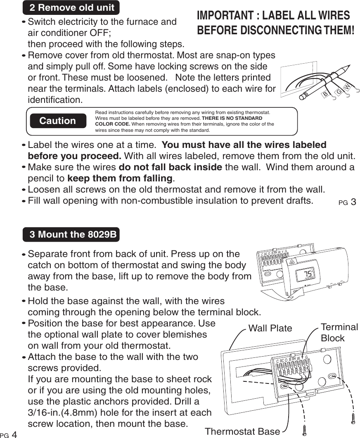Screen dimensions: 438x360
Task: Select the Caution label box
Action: point(58,121)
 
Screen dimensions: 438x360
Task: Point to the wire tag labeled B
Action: point(325,95)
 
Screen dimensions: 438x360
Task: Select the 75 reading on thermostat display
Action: point(308,274)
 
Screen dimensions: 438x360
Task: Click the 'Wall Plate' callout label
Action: point(270,328)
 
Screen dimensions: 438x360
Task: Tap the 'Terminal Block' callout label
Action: point(339,332)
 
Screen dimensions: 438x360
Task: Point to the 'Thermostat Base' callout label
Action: point(242,431)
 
